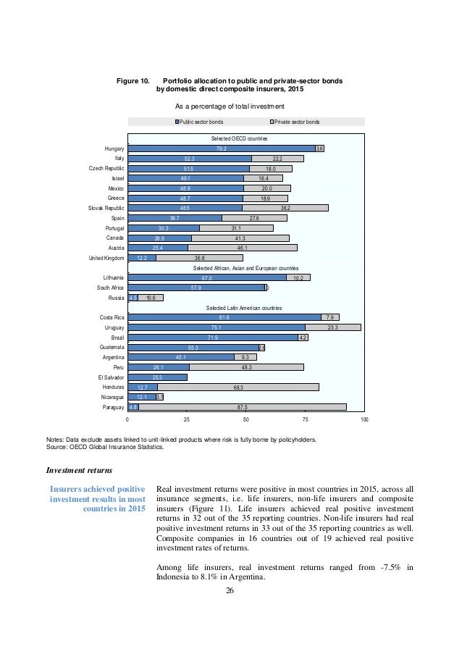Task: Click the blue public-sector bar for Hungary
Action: [221, 148]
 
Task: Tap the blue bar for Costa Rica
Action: [224, 316]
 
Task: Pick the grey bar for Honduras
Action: [238, 387]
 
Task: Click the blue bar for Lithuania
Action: [206, 277]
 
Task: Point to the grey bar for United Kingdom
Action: [199, 257]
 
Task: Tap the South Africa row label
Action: [109, 287]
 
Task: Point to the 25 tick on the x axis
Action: [186, 420]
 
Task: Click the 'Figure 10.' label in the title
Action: [133, 80]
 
